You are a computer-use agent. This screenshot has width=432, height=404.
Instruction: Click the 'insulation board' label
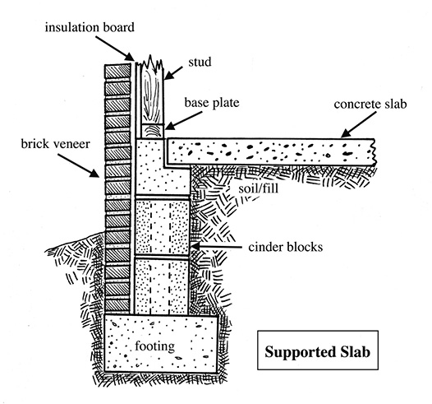tap(90, 28)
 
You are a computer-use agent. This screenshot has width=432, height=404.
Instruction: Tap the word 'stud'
tap(200, 62)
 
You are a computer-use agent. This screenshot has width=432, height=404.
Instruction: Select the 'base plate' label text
tap(212, 103)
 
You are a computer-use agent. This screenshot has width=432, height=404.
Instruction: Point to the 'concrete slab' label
tap(370, 104)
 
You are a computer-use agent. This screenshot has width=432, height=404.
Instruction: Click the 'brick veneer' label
tap(55, 144)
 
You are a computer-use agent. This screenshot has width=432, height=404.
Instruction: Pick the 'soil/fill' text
tap(258, 188)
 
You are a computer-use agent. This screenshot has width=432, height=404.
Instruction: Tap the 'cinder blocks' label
tap(286, 247)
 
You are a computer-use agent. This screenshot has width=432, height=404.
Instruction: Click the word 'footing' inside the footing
tap(155, 346)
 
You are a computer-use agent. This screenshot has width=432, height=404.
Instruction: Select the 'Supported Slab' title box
tap(318, 351)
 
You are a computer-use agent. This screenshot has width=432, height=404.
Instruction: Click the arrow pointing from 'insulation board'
tap(115, 48)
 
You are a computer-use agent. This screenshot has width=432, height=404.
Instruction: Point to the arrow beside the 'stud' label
tap(173, 73)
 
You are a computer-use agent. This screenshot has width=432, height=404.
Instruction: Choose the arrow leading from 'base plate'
tap(184, 121)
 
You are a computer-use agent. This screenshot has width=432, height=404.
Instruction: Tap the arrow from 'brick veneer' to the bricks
tap(79, 165)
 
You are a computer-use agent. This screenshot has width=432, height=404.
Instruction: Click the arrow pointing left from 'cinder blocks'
tap(217, 246)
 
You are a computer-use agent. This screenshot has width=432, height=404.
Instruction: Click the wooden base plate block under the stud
tap(153, 131)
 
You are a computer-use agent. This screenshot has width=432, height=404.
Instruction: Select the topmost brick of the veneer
tap(117, 72)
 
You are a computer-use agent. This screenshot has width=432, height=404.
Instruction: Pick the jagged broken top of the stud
tap(151, 62)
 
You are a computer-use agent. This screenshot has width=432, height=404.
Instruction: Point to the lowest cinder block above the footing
tap(162, 286)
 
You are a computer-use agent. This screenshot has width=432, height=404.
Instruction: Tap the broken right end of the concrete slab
tap(373, 152)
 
